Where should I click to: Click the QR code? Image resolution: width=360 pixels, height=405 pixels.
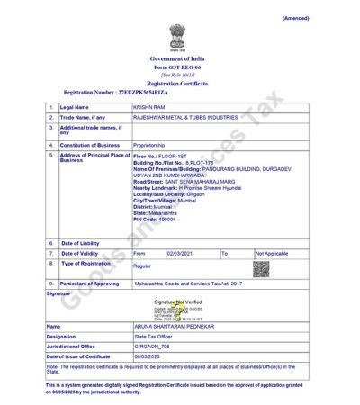point(261,268)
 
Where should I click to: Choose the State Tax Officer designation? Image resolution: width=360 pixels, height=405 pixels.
point(155,337)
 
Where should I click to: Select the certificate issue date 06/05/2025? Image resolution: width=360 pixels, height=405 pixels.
point(148,356)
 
